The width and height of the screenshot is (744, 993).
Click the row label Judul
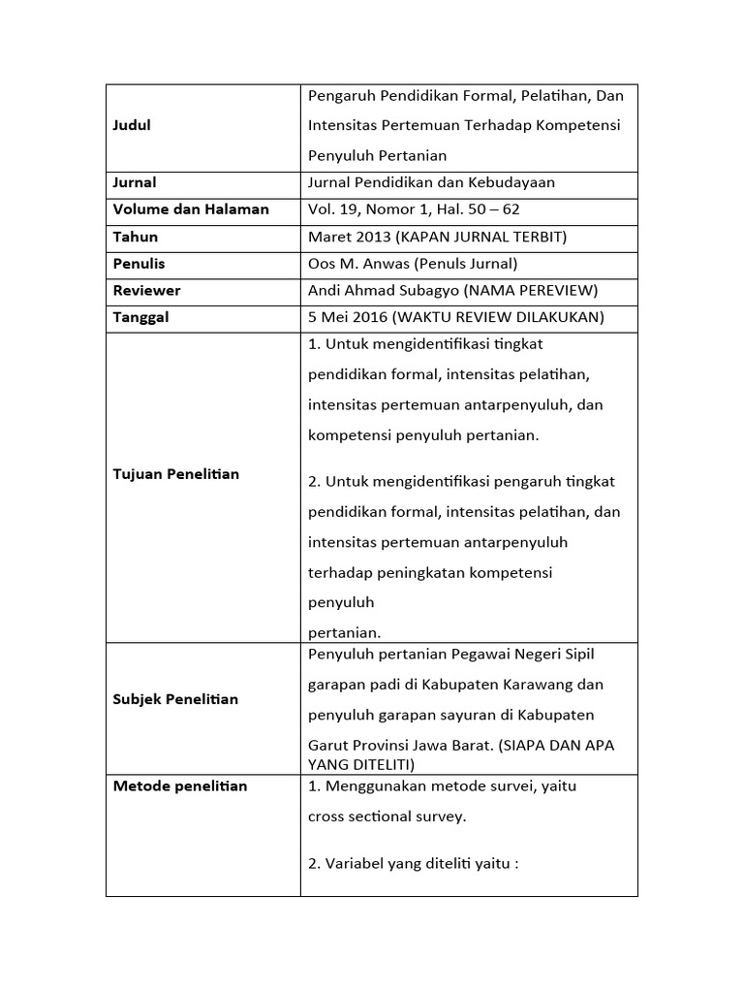coord(133,125)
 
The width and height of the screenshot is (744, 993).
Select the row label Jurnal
coord(135,182)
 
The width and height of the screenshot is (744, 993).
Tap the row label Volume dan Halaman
coord(191,209)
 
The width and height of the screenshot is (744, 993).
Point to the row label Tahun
coord(136,237)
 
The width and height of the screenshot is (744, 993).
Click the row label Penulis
coord(139,264)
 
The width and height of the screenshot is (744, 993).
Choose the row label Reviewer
coord(147,291)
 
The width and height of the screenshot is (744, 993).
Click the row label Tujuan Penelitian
coord(176,474)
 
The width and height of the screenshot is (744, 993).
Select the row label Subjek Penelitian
coord(175,699)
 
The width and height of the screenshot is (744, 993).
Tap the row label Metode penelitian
coord(180,785)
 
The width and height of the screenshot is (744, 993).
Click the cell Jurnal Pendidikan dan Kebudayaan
coord(431,182)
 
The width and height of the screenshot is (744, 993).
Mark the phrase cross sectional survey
coord(387,817)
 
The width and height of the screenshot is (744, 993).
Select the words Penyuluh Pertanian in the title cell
coord(377,155)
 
